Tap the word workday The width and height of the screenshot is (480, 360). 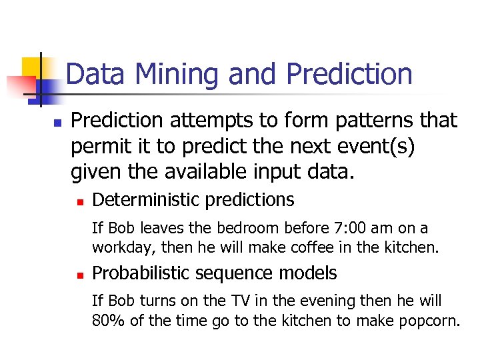point(117,248)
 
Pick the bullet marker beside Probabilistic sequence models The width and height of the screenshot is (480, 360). point(79,275)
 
